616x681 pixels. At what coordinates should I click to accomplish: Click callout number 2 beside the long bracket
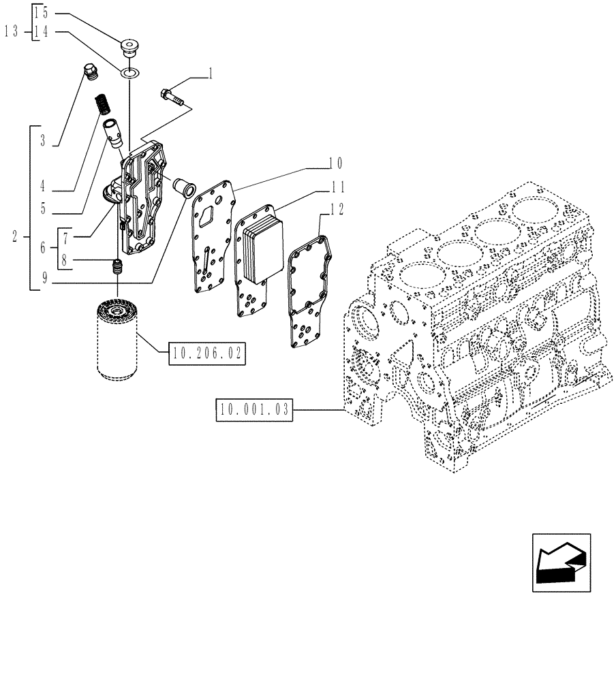(x=14, y=237)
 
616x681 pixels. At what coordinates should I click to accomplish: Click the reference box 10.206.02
(x=207, y=353)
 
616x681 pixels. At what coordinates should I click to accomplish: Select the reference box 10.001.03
(x=253, y=410)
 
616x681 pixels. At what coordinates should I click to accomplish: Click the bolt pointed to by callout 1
(x=172, y=96)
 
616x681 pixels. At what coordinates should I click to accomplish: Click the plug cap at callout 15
(x=128, y=48)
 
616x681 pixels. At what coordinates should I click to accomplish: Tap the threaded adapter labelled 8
(x=117, y=267)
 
